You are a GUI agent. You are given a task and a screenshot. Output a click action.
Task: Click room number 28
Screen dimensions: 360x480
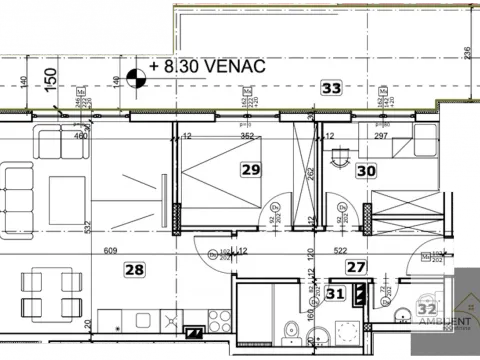point(135,268)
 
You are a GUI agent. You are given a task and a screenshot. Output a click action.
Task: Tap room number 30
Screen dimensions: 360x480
point(366,171)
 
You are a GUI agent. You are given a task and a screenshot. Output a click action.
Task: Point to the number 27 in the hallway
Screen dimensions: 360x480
point(355,266)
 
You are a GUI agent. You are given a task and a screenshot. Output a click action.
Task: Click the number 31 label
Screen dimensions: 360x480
point(337,293)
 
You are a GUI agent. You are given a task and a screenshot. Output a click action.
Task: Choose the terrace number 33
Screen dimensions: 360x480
point(332,89)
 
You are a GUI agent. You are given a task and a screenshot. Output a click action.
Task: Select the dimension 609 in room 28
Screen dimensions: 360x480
point(110,251)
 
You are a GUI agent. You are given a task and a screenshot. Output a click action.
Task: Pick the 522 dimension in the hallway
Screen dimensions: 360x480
point(340,251)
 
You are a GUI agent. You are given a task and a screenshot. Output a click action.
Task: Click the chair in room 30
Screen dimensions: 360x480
point(340,152)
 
